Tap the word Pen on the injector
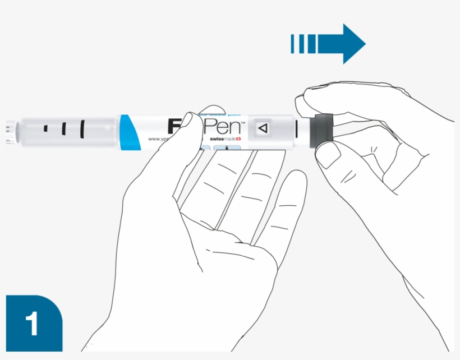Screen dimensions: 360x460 click(222, 126)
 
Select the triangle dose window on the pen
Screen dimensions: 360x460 click(262, 128)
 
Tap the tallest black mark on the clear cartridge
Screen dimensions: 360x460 click(82, 129)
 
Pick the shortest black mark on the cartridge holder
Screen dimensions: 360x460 click(46, 130)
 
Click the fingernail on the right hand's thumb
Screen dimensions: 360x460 click(329, 157)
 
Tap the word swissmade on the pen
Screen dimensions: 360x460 click(222, 139)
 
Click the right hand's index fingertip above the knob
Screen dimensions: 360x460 click(303, 101)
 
